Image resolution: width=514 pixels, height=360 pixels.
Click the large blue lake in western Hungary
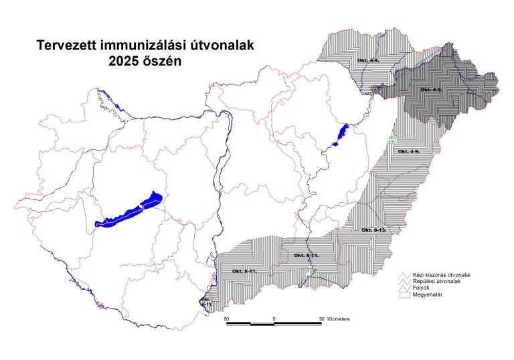(131, 212)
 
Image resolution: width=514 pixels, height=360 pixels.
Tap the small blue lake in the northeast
(342, 134)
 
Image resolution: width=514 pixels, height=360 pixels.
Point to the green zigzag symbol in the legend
(404, 275)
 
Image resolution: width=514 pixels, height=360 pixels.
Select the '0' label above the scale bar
(274, 319)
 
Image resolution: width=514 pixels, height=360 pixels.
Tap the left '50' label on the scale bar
(227, 319)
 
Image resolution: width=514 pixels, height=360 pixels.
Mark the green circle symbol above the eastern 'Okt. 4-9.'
(393, 139)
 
